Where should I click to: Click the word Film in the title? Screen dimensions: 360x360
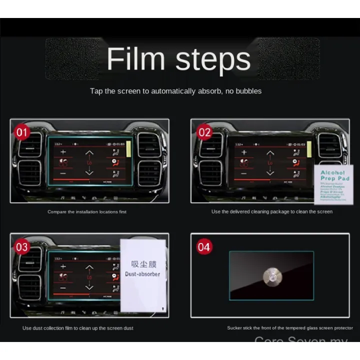point(136,59)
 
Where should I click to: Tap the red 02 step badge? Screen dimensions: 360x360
point(204,132)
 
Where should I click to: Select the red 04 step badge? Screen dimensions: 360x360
point(204,247)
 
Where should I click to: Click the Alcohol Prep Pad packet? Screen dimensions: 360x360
point(334,185)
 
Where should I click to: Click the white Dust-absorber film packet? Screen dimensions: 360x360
point(143,274)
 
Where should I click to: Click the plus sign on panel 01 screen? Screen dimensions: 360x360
point(63,151)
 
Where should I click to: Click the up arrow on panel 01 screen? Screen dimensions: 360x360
point(89,153)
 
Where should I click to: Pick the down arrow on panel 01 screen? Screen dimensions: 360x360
point(89,171)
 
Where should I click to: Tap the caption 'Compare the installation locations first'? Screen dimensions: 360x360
point(87,212)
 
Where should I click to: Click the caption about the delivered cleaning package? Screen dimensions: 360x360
point(271,212)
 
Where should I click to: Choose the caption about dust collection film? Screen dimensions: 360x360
point(78,328)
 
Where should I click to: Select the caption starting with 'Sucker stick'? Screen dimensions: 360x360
point(290,328)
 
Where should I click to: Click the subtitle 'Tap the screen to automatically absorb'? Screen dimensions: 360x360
point(175,91)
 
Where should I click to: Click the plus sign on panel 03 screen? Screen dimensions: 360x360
point(63,266)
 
